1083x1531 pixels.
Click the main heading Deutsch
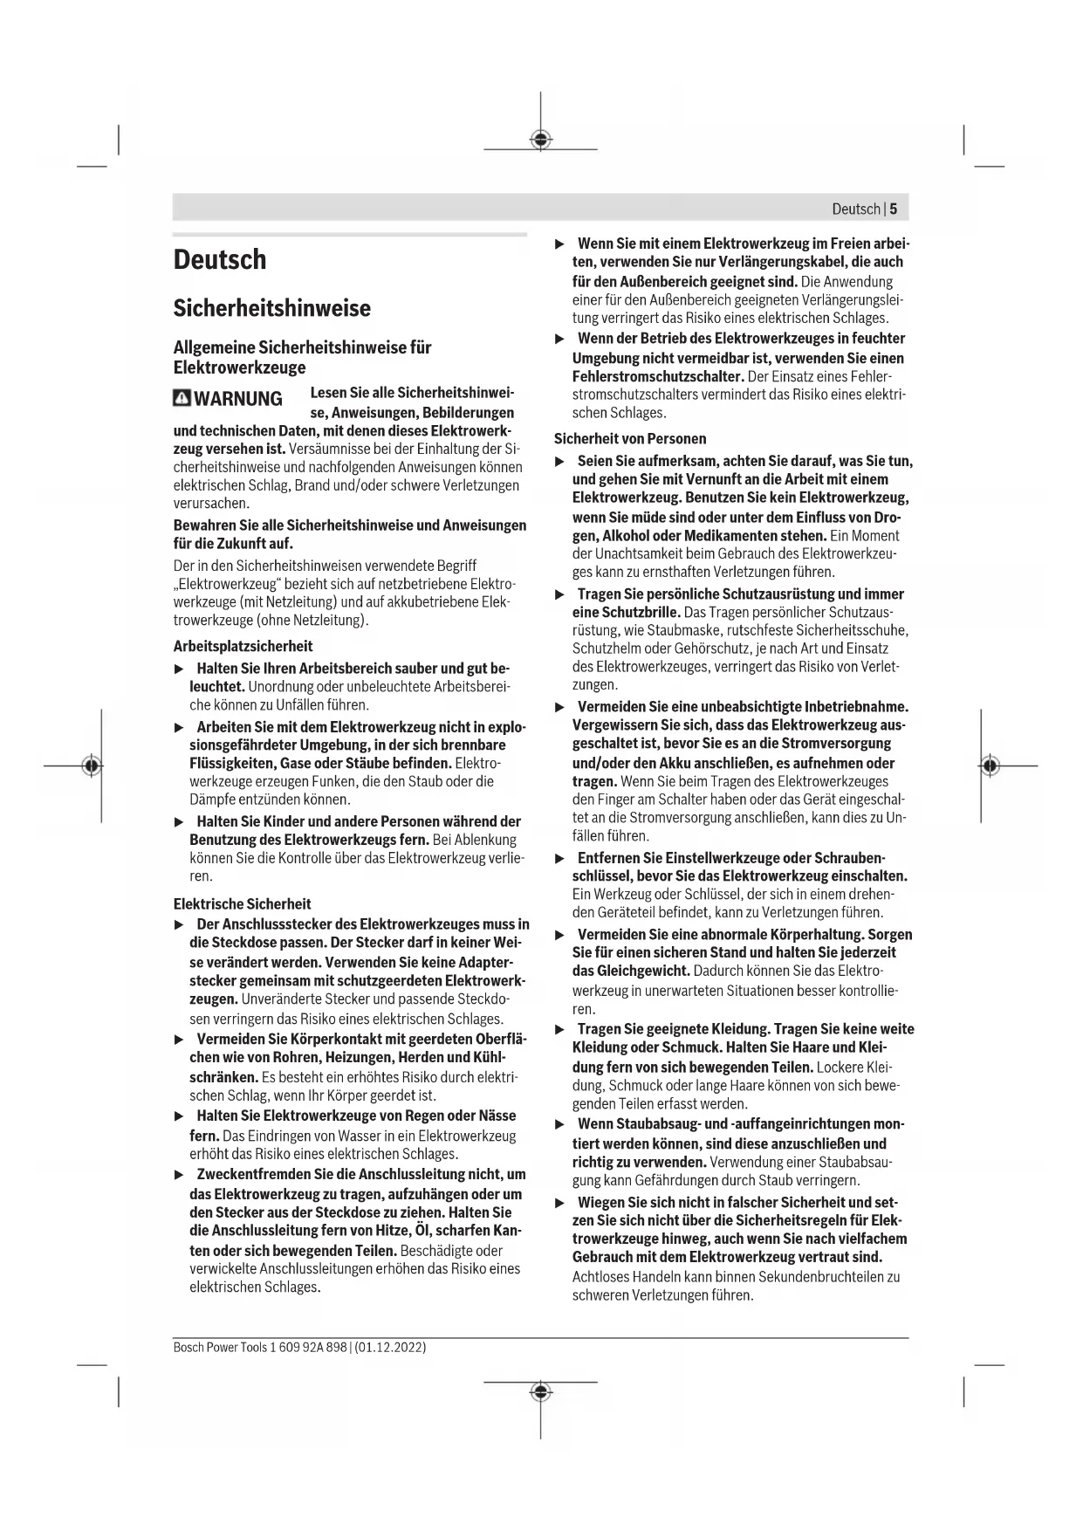point(220,260)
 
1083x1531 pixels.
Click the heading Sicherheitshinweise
point(271,308)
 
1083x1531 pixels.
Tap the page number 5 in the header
point(894,209)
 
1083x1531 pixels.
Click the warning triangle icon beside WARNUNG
point(182,399)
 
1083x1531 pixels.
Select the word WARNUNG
point(238,399)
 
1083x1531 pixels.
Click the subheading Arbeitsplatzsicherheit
point(243,647)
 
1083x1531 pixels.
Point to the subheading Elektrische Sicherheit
point(242,904)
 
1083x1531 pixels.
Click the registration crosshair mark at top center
point(541,140)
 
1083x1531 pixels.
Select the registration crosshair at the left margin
point(90,765)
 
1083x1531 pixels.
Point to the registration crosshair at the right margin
point(989,765)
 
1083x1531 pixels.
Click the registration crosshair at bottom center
point(541,1391)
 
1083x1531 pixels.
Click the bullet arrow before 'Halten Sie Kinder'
point(179,821)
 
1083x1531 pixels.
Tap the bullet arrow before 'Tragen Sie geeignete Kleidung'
point(560,1030)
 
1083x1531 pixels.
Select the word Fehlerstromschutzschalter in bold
point(657,377)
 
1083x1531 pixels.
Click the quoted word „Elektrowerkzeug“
point(228,584)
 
